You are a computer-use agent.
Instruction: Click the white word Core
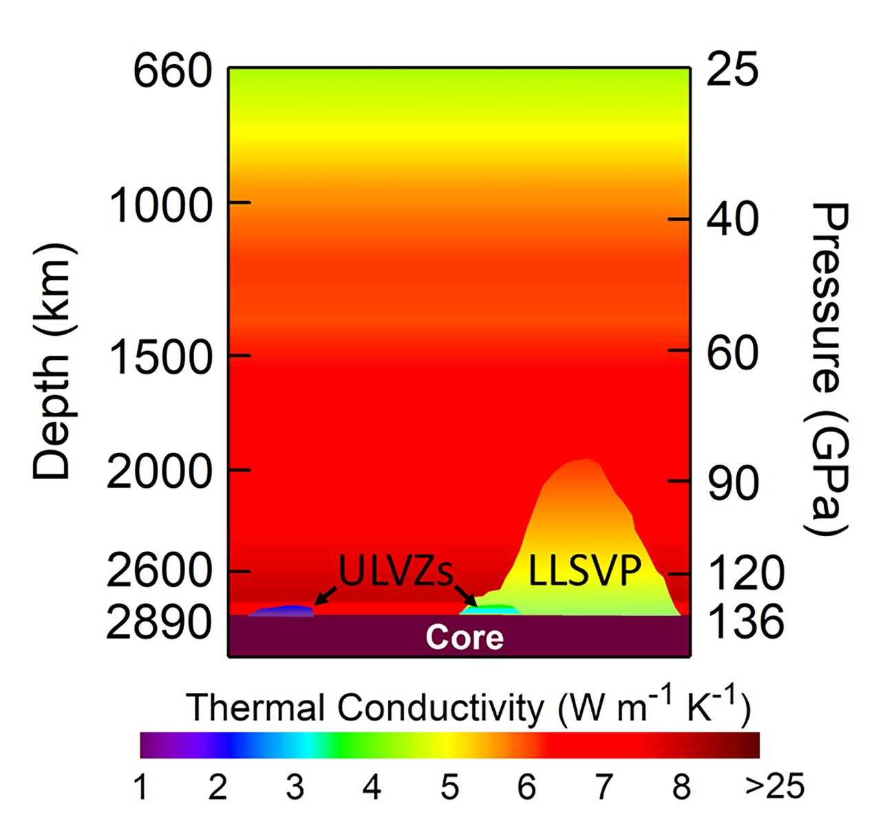465,638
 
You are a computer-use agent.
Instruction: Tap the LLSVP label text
585,571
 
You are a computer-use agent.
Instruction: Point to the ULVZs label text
395,571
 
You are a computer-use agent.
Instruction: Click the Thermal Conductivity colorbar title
468,707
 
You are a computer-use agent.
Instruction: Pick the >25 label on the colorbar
775,787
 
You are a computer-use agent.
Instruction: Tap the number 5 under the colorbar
449,787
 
